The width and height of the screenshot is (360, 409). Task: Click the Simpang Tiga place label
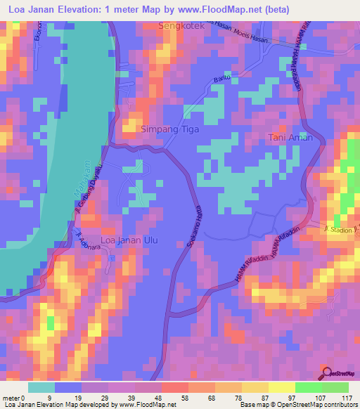tap(170, 129)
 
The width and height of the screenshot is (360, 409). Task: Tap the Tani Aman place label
tap(290, 138)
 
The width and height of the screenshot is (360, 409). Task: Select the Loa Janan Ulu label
tap(130, 240)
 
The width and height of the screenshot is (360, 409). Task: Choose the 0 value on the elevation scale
tap(23, 398)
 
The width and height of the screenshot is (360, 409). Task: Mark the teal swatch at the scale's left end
tap(41, 387)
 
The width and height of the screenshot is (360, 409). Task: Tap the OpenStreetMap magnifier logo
tap(326, 372)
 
